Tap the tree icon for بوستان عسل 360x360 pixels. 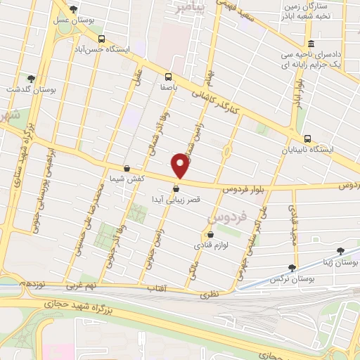point(74,8)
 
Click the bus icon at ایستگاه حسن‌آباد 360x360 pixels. point(103,39)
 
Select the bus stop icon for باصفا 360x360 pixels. point(168,77)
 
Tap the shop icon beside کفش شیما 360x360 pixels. point(126,169)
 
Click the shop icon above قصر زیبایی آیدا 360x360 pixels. point(176,188)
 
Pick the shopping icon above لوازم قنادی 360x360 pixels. point(210,234)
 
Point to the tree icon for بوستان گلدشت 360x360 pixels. point(30,79)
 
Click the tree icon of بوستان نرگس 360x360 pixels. point(292,268)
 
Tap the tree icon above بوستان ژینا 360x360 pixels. point(341,250)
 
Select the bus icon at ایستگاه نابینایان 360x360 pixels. point(307,138)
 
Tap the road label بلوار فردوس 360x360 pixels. point(245,189)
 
